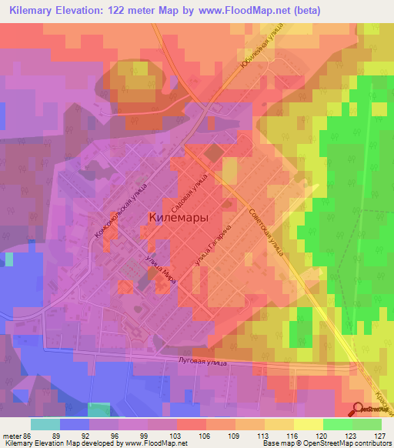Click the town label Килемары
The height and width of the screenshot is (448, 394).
click(x=176, y=219)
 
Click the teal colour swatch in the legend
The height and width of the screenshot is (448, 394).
click(x=45, y=424)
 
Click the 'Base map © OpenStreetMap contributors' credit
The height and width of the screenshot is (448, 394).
click(x=326, y=443)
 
